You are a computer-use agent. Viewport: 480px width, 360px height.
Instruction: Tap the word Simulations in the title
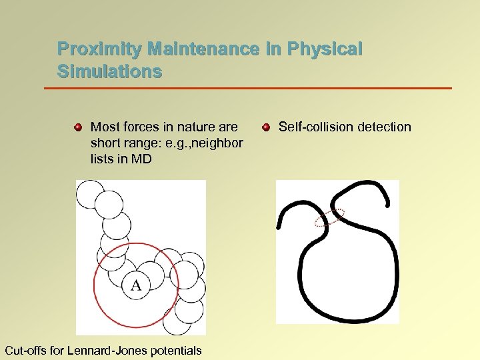[x=109, y=72]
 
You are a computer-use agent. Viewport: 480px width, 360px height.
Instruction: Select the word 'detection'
[x=382, y=127]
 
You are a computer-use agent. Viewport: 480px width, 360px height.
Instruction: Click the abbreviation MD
[x=142, y=159]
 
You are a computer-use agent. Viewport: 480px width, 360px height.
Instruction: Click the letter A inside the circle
[x=136, y=285]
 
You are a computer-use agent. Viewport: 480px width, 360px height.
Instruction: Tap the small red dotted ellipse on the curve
[x=329, y=217]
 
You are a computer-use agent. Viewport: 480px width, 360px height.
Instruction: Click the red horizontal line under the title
[x=247, y=88]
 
